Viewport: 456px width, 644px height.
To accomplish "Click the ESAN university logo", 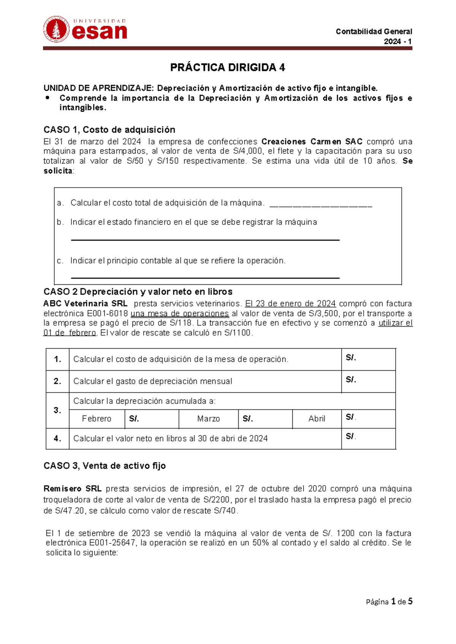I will point(85,29).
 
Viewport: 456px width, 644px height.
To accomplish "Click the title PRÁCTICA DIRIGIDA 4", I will point(227,68).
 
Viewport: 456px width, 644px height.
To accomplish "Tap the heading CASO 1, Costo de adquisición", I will point(109,130).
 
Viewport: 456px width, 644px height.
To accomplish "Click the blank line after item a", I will point(320,205).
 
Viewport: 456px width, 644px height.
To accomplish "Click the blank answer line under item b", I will point(205,239).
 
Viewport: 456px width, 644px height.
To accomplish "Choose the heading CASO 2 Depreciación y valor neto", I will point(138,292).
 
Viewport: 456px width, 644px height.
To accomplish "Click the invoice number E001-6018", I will point(108,314).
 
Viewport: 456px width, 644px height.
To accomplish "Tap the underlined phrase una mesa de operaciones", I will point(180,314).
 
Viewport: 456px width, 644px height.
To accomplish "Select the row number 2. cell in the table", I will point(57,381).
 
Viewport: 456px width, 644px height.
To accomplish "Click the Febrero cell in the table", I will point(97,419).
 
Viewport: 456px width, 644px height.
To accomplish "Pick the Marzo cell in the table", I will point(208,419).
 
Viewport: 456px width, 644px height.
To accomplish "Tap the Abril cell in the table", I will point(317,419).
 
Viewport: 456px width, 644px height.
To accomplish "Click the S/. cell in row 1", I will point(368,359).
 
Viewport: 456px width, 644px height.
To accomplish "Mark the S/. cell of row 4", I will point(368,438).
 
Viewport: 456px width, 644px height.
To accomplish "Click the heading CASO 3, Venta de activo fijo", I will point(104,466).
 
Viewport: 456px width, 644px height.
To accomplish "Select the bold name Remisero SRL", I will point(72,489).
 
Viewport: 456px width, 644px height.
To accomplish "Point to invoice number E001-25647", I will point(91,543).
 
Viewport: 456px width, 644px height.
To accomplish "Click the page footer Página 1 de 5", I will point(389,601).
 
